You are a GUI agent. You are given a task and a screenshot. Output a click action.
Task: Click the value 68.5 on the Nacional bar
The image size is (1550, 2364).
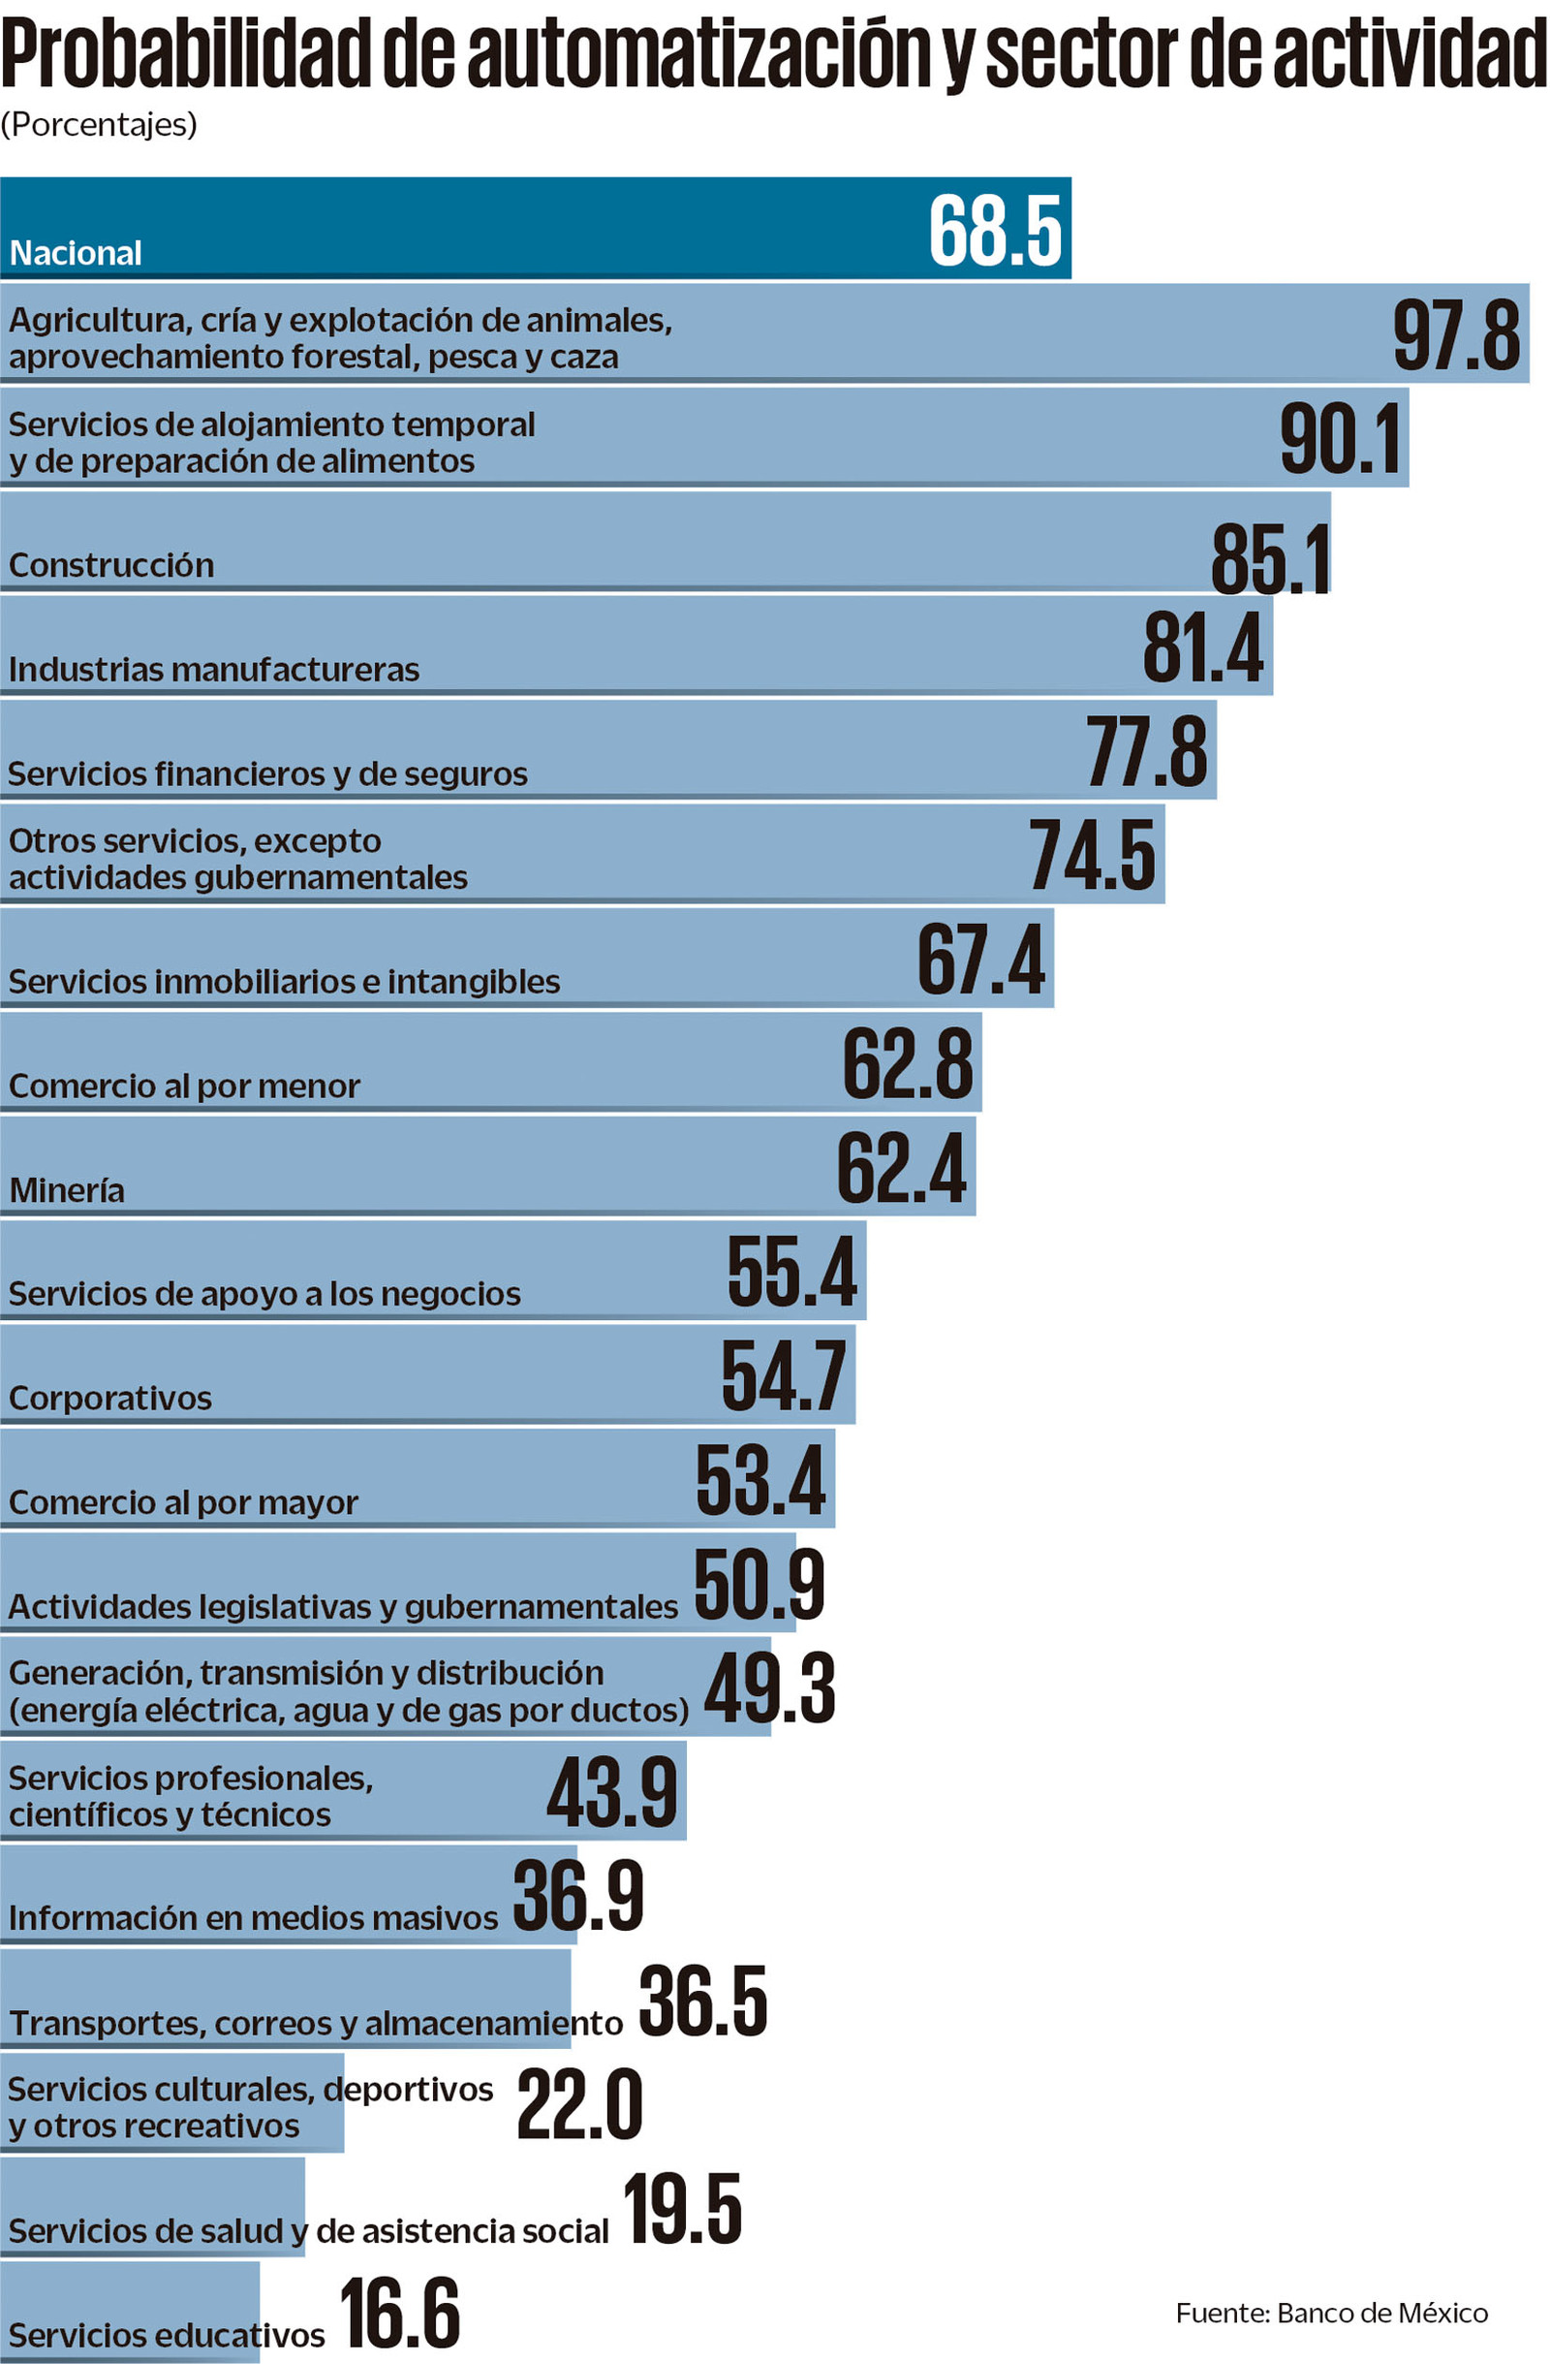tap(995, 232)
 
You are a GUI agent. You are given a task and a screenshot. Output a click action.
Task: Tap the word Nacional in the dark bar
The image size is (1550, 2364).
tap(76, 253)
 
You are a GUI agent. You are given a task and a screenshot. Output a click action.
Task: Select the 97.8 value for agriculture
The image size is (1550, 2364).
tap(1456, 335)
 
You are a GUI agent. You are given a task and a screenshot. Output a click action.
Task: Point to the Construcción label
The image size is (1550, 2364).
tap(111, 565)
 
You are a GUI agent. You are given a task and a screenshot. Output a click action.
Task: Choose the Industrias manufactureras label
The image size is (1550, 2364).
tap(213, 670)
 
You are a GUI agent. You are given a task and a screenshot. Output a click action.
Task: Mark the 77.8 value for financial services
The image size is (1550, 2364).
tap(1146, 753)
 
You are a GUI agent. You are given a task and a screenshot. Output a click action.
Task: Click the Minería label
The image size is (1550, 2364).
tap(67, 1190)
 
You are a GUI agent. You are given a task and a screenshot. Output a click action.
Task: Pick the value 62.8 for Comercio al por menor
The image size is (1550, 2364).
tap(908, 1065)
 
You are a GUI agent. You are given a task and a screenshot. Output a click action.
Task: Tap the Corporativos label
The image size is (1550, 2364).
tap(110, 1399)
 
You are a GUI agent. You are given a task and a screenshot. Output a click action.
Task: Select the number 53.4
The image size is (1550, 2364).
tap(759, 1482)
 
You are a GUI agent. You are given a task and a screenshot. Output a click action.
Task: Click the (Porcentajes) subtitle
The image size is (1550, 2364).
tap(98, 124)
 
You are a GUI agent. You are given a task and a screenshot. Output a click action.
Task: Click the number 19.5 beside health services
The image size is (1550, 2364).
tap(683, 2210)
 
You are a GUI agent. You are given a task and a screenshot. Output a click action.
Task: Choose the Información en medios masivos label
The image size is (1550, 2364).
tap(253, 1917)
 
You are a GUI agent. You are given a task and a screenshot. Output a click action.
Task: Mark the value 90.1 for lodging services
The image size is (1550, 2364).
tap(1341, 439)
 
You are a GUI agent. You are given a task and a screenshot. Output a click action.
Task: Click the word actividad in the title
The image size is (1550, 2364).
tap(1410, 54)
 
